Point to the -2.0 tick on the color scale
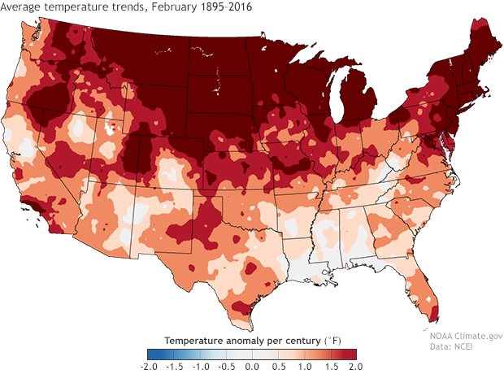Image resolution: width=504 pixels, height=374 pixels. [148, 367]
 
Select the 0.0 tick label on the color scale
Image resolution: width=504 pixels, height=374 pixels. [252, 367]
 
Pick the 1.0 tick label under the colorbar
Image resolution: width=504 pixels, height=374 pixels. [303, 367]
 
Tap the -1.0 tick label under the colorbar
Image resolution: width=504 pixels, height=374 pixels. [200, 367]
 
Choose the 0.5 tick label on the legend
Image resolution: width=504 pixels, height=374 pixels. [277, 367]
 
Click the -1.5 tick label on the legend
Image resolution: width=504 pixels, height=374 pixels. [174, 367]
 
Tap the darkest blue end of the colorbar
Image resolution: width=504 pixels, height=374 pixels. [152, 354]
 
